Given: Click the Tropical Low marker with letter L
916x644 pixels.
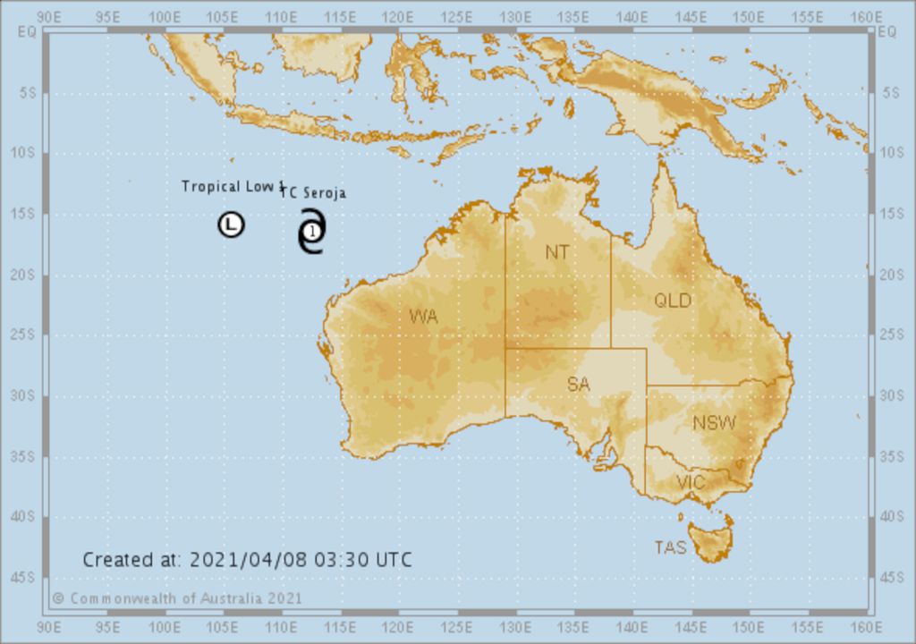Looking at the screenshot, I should [231, 225].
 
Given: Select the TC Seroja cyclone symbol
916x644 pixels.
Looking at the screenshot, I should [311, 232].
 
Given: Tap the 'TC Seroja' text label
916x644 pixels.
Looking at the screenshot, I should [316, 192].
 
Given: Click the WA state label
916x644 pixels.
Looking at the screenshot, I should [423, 316].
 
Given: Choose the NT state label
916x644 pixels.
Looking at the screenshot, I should [557, 253].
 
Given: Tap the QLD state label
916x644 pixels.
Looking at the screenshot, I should [673, 301].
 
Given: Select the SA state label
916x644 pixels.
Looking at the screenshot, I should [578, 385].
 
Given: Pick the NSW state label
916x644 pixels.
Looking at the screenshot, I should [715, 423].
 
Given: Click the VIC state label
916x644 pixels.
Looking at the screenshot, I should [691, 483].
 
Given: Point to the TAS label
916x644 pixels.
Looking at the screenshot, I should [670, 547].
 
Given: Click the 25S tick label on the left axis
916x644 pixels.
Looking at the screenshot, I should [20, 335].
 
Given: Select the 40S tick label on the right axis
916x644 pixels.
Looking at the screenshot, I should [892, 516].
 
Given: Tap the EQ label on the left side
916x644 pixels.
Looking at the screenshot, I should [25, 31].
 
